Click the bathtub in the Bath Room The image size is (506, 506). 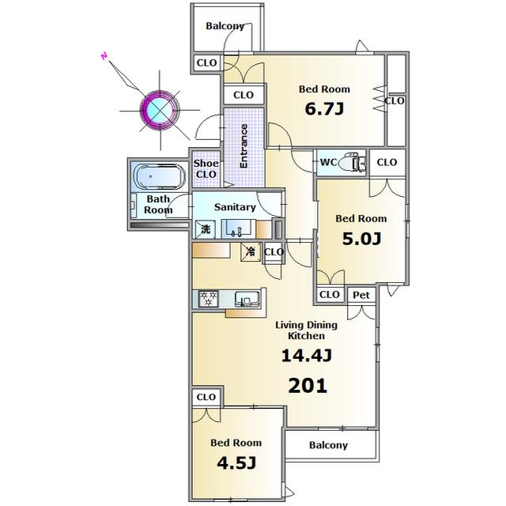coord(160,176)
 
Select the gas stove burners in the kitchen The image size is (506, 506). coord(208,299)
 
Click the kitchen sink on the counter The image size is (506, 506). coord(247,299)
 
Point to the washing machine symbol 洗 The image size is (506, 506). coord(206,229)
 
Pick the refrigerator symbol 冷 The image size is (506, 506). coord(251,251)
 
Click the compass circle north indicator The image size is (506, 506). coord(160,110)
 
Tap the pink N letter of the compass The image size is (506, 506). coord(104,56)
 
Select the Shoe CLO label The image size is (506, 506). coord(206,168)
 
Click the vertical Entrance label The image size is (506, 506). coord(244,145)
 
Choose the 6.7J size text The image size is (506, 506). coord(324,109)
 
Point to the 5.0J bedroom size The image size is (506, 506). coord(361,239)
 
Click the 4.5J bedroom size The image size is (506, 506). coord(236,463)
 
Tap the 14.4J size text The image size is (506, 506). coord(307,356)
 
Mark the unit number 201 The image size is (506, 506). coord(308,386)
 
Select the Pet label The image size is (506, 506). coord(361,295)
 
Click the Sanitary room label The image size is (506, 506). coord(235,207)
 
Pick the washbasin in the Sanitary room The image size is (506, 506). coord(239,228)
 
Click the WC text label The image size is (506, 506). coord(328,162)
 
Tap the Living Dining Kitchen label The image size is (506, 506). coord(306,330)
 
